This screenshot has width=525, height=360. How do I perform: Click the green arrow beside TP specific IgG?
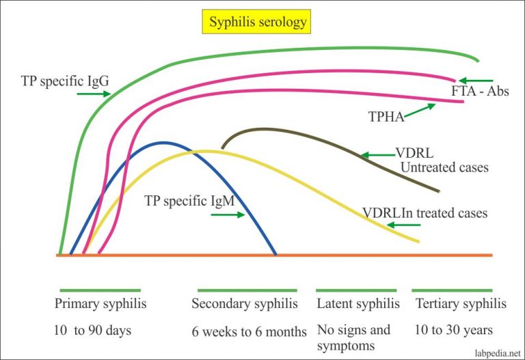click(x=93, y=94)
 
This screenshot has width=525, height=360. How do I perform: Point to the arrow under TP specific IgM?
click(x=228, y=214)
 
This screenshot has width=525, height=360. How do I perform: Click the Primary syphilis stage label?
click(x=100, y=303)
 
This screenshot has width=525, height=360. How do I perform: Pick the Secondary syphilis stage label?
click(x=244, y=303)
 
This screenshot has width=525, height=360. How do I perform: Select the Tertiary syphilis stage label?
click(x=459, y=303)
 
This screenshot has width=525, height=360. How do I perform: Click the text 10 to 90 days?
click(x=93, y=331)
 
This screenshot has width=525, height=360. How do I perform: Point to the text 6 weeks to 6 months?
click(x=249, y=332)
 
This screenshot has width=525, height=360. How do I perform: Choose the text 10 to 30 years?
click(x=453, y=331)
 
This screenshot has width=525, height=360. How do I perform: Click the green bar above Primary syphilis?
click(x=100, y=290)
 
